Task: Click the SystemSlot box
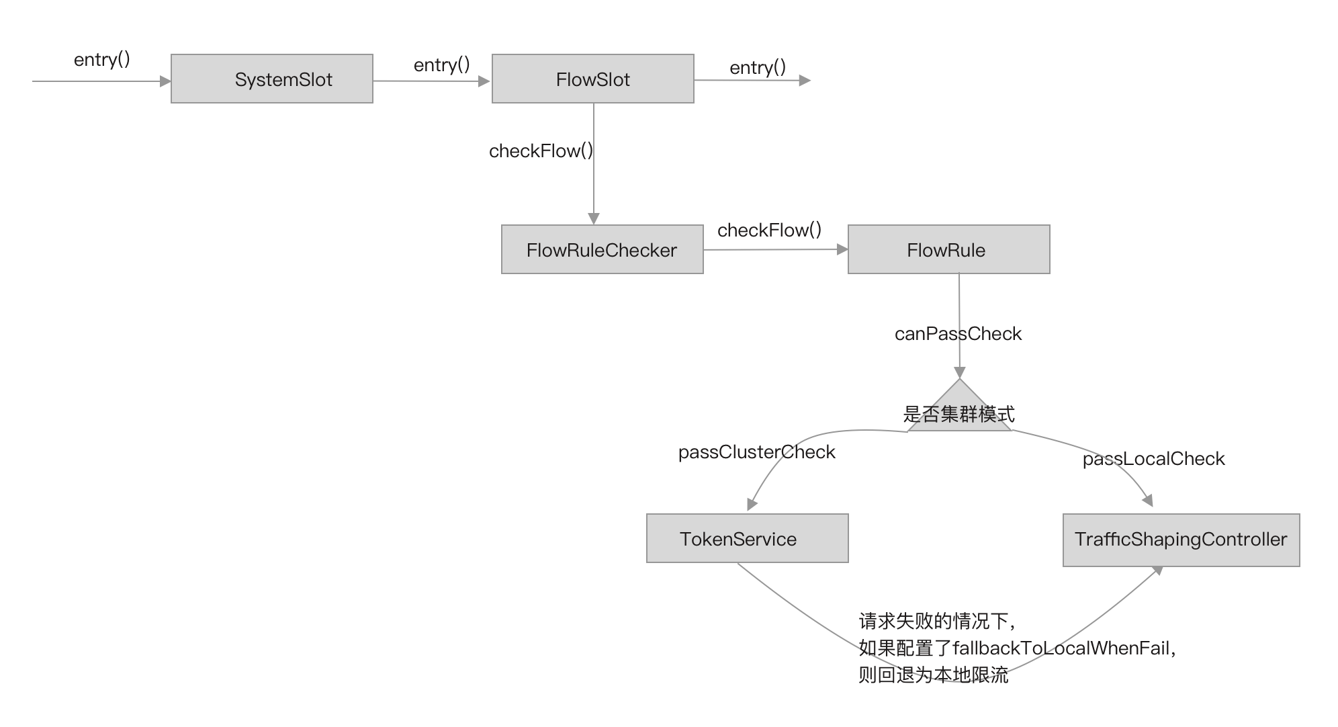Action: click(x=271, y=79)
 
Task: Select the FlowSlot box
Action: click(x=592, y=79)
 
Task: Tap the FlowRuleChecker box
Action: click(x=602, y=249)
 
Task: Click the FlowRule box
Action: click(x=948, y=249)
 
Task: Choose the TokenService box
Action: click(x=747, y=538)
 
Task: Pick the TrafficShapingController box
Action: click(x=1181, y=540)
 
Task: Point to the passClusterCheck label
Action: click(x=756, y=452)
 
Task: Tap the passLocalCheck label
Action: click(x=1153, y=459)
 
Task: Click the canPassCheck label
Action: click(x=958, y=334)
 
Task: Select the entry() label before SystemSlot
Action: click(x=102, y=60)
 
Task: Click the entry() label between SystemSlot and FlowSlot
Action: click(x=441, y=65)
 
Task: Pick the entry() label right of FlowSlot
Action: click(x=758, y=68)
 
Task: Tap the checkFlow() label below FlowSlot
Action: click(x=541, y=151)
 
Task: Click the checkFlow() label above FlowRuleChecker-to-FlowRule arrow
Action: click(x=769, y=230)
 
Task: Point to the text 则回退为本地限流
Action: click(x=933, y=675)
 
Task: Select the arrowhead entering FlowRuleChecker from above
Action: click(x=593, y=219)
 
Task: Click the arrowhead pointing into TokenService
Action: click(x=752, y=505)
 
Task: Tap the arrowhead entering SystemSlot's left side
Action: click(x=165, y=81)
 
